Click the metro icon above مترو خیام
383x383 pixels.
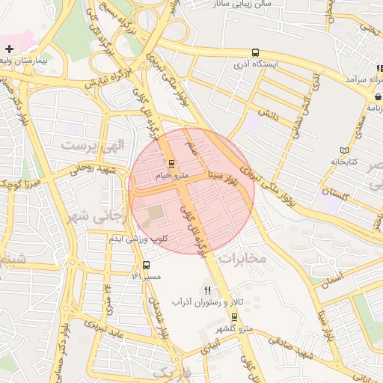coord(171,164)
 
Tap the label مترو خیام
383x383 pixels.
coord(171,176)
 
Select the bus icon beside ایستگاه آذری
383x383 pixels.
coord(255,53)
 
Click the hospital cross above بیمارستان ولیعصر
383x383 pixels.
coord(8,49)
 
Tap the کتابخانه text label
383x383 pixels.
coord(345,162)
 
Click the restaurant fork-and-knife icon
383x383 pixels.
coord(208,290)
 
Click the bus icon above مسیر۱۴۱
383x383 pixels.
coord(146,266)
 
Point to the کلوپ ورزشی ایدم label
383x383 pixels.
coord(139,239)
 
